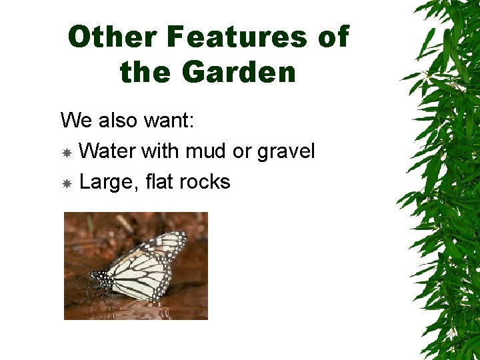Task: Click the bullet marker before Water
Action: coord(67,153)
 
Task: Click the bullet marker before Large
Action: coord(67,183)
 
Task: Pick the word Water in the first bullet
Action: coord(107,151)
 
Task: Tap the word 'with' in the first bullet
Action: coord(160,151)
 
